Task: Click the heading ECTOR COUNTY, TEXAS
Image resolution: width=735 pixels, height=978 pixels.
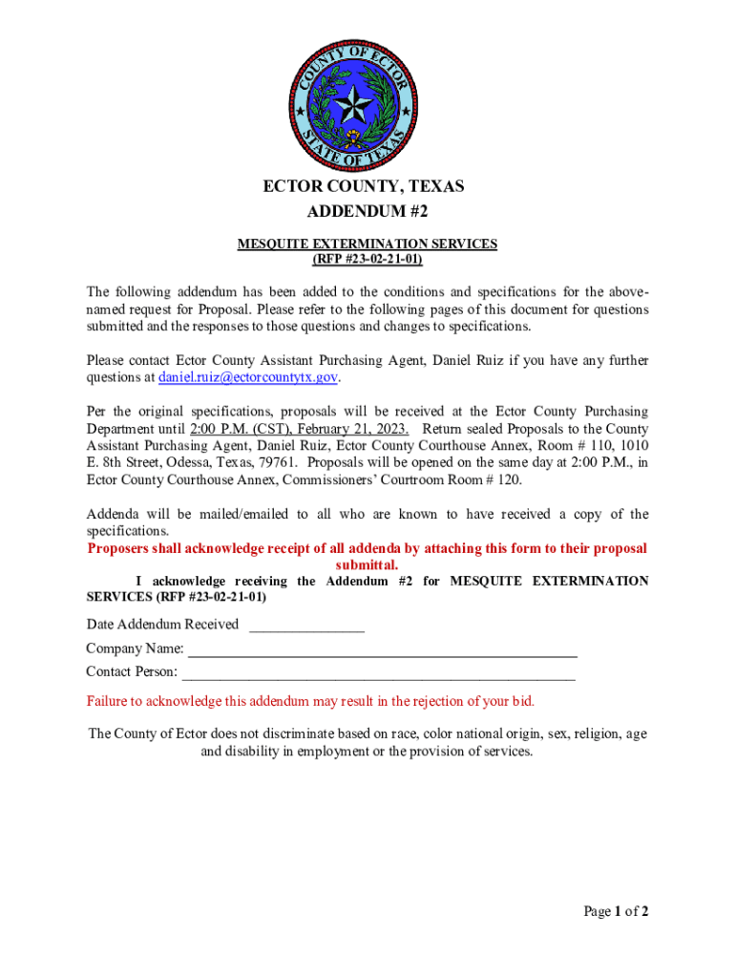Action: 363,186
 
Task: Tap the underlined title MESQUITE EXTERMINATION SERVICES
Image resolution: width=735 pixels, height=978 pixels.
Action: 367,244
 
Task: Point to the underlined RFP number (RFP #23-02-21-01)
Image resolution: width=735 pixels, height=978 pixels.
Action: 367,259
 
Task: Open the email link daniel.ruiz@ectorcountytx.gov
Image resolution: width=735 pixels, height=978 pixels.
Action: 248,377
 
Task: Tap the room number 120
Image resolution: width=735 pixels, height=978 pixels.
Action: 509,479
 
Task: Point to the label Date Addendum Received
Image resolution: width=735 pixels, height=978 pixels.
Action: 162,625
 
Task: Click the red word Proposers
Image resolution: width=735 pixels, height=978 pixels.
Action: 121,548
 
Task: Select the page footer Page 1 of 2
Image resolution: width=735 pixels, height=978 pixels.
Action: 616,911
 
